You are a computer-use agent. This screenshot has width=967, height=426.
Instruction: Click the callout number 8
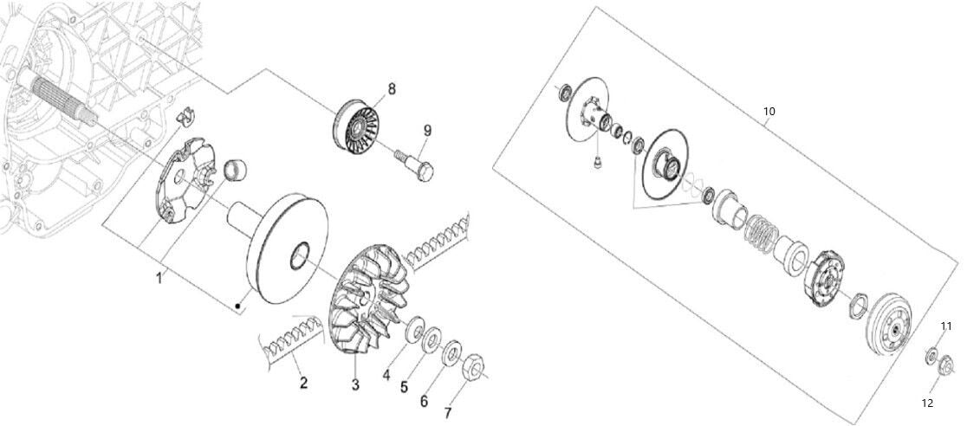[391, 89]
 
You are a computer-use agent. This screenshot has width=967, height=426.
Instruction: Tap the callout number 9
[427, 131]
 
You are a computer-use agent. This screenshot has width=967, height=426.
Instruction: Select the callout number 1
[159, 278]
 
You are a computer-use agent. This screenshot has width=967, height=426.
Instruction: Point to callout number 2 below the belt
[303, 383]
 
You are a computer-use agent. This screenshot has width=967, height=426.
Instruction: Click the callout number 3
[355, 384]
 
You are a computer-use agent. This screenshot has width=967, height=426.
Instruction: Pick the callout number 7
[448, 412]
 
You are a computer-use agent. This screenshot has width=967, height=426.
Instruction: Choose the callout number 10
[769, 112]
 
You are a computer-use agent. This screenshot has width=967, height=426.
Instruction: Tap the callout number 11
[946, 326]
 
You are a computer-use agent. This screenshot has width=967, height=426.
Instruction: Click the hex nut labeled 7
[471, 366]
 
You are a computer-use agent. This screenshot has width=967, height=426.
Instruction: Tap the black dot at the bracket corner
[237, 305]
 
